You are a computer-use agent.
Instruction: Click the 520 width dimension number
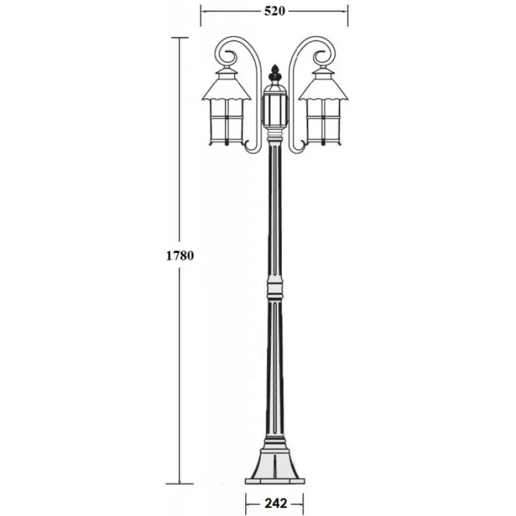[x=275, y=11]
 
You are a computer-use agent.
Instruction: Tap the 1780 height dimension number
[x=180, y=255]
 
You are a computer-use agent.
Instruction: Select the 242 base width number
[x=276, y=503]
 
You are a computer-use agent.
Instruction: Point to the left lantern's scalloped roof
[x=226, y=88]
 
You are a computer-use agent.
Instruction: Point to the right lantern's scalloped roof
[x=324, y=88]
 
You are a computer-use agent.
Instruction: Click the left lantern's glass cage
[x=226, y=122]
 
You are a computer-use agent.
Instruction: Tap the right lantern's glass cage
[x=324, y=122]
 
